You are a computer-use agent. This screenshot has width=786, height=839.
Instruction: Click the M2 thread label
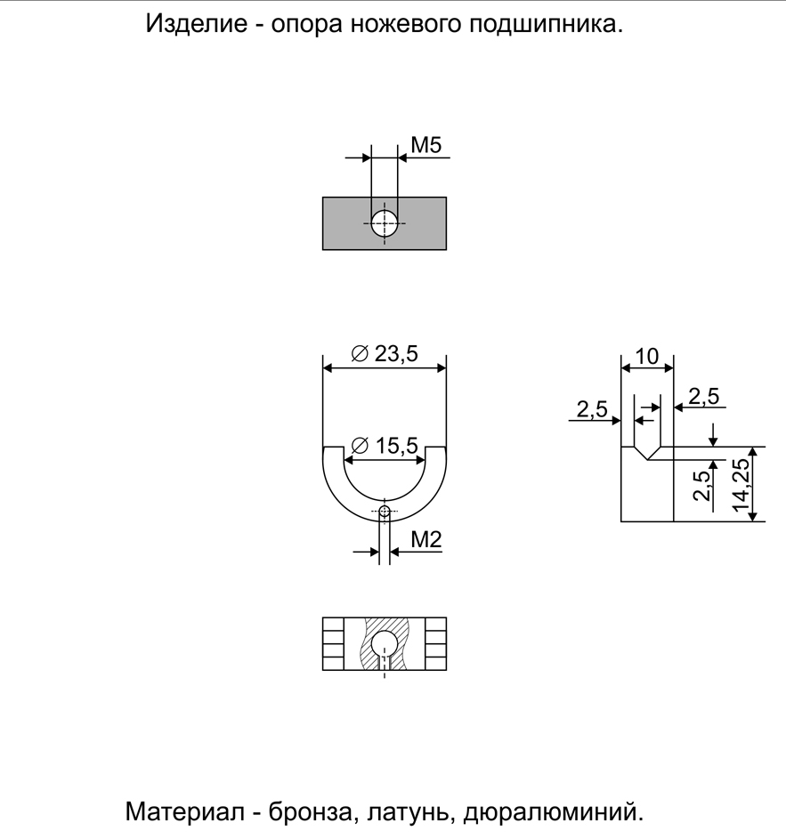pyautogui.click(x=426, y=540)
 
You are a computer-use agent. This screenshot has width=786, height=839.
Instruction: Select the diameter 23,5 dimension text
pyautogui.click(x=385, y=354)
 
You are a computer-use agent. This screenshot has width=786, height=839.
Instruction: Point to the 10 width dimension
pyautogui.click(x=647, y=357)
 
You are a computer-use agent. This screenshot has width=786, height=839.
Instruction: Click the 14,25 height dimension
pyautogui.click(x=741, y=485)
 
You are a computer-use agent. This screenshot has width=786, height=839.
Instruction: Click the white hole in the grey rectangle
pyautogui.click(x=385, y=223)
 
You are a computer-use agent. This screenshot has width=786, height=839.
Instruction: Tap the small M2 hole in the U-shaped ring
pyautogui.click(x=385, y=511)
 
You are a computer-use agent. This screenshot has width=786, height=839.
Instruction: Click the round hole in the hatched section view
pyautogui.click(x=385, y=642)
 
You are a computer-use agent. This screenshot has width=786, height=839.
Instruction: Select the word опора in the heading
pyautogui.click(x=306, y=25)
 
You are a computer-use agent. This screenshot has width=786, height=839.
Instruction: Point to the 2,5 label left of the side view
pyautogui.click(x=592, y=409)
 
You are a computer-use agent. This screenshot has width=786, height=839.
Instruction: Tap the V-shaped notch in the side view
pyautogui.click(x=647, y=453)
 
